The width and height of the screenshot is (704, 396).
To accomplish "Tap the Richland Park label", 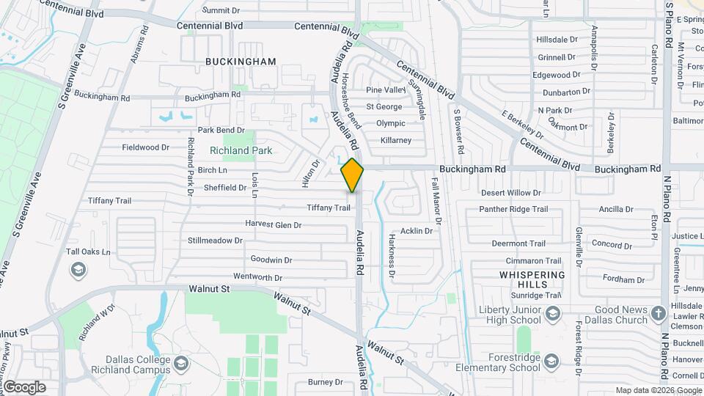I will [241, 150].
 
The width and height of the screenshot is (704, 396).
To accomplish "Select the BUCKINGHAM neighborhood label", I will [241, 62].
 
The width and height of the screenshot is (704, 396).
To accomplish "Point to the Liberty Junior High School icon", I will [552, 314].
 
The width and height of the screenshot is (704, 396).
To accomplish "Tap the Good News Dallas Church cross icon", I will [658, 314].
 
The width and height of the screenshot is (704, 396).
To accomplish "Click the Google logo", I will [24, 386].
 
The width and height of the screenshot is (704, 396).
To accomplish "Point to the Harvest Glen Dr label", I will [274, 224].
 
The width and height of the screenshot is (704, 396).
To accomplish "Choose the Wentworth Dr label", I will [257, 278].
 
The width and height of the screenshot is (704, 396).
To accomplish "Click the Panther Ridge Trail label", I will [513, 209].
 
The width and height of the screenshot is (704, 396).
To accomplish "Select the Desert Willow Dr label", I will [510, 193].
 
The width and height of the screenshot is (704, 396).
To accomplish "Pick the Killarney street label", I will [395, 140].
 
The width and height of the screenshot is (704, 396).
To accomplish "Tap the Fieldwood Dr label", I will [145, 147].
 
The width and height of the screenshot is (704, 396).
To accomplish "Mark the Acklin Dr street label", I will [416, 231].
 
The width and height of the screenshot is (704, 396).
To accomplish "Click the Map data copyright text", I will [658, 390].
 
